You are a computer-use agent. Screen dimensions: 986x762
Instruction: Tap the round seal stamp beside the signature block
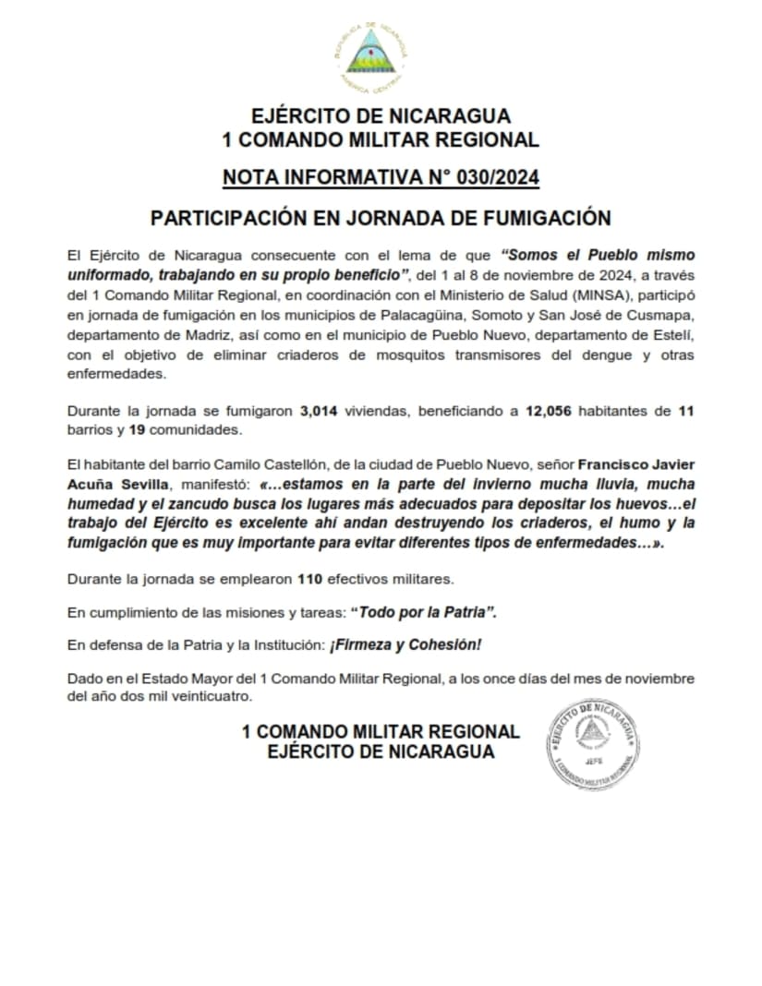pyautogui.click(x=592, y=743)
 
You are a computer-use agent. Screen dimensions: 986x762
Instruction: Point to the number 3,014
pyautogui.click(x=320, y=413)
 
